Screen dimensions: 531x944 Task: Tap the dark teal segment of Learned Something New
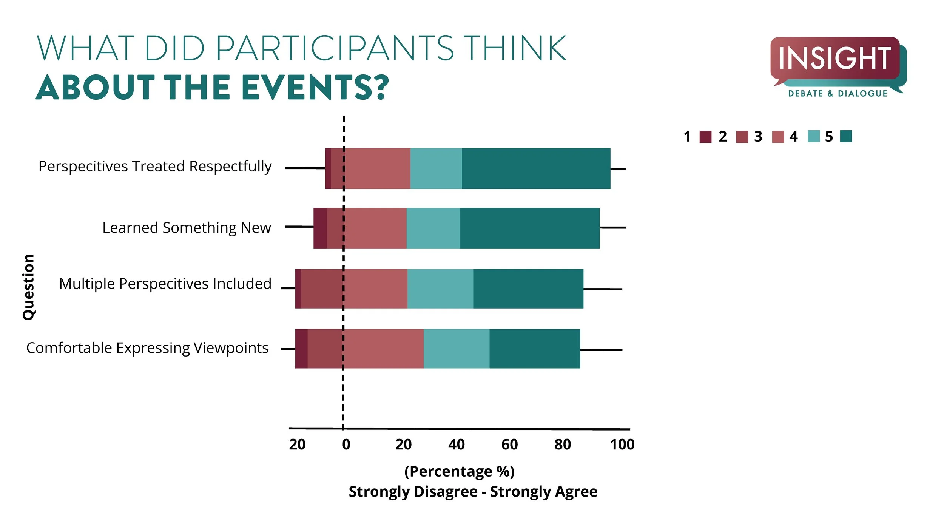pyautogui.click(x=529, y=228)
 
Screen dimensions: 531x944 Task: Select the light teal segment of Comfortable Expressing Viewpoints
pyautogui.click(x=457, y=349)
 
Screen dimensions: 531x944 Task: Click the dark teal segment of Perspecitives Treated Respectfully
pyautogui.click(x=536, y=168)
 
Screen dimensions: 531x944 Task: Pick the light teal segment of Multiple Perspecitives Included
pyautogui.click(x=440, y=289)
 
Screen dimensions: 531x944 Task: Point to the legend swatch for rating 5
pyautogui.click(x=846, y=136)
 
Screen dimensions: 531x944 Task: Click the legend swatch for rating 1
pyautogui.click(x=705, y=137)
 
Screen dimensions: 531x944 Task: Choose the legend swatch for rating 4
pyautogui.click(x=814, y=136)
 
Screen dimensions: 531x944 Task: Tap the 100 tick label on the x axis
pyautogui.click(x=622, y=445)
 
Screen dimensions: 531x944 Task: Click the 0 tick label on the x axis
pyautogui.click(x=346, y=445)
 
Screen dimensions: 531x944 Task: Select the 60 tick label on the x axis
pyautogui.click(x=509, y=445)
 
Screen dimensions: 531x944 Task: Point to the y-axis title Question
pyautogui.click(x=29, y=287)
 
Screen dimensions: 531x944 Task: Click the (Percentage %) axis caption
pyautogui.click(x=459, y=471)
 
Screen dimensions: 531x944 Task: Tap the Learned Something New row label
pyautogui.click(x=187, y=228)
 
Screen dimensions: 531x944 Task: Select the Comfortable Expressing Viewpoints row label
pyautogui.click(x=147, y=348)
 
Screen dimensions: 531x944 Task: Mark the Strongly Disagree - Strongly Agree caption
pyautogui.click(x=473, y=492)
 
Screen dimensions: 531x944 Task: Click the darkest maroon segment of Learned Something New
pyautogui.click(x=320, y=228)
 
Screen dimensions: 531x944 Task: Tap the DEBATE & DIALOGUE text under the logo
pyautogui.click(x=838, y=94)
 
